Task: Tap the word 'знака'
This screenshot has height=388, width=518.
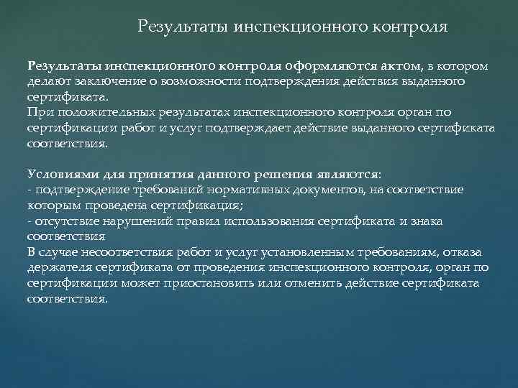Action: (x=427, y=221)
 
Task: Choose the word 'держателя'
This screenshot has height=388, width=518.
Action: (x=56, y=267)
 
